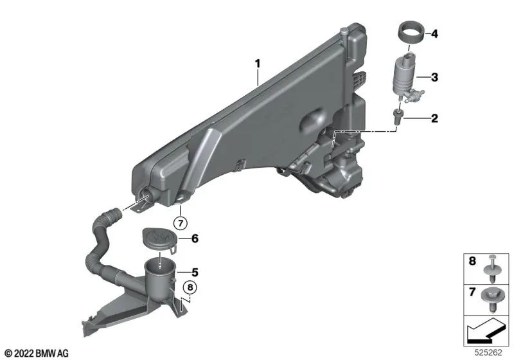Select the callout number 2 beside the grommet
click(x=434, y=118)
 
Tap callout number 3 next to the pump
click(x=434, y=78)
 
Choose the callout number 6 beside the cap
click(x=195, y=238)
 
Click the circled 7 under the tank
click(x=181, y=224)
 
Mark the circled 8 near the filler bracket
click(x=189, y=287)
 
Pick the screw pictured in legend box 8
click(x=493, y=267)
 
